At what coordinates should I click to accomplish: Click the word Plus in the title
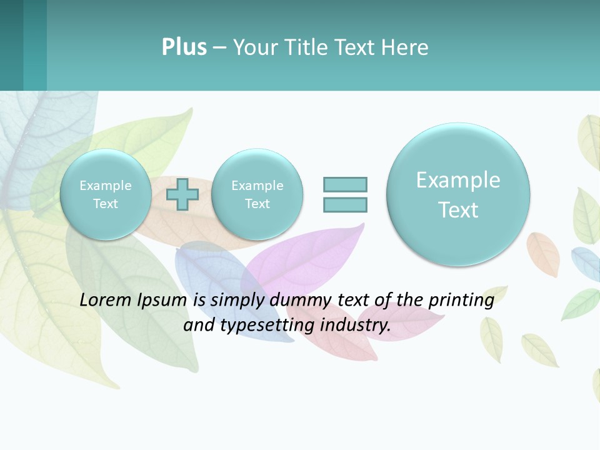point(184,47)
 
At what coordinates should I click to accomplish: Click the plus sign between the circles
point(182,194)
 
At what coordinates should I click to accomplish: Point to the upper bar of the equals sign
point(345,184)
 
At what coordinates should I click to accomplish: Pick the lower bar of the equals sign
point(345,204)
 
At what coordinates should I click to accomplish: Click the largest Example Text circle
point(458,194)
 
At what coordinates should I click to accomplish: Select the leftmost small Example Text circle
point(106,194)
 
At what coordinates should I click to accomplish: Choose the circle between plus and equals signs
point(257,194)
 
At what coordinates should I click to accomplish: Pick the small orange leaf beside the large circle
point(543,253)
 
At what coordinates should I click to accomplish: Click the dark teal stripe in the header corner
point(11,45)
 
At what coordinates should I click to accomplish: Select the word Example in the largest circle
point(458,180)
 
